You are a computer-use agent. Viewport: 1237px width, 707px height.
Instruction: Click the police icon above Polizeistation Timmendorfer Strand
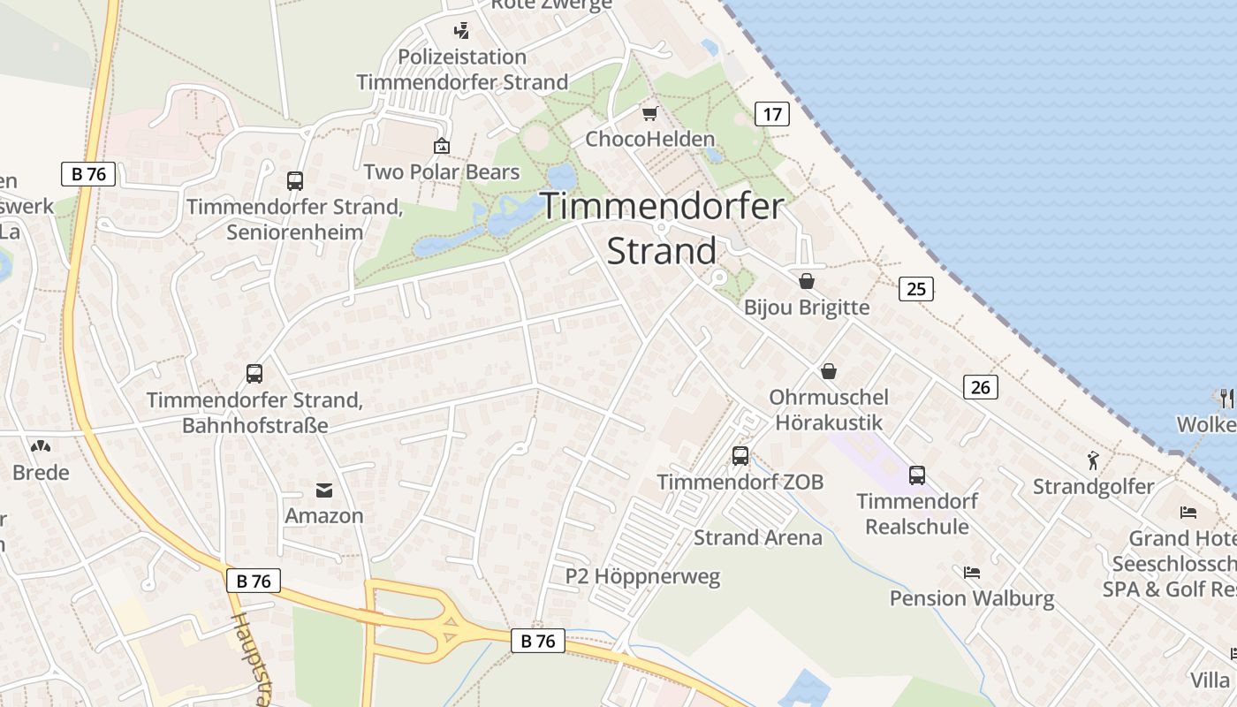point(460,31)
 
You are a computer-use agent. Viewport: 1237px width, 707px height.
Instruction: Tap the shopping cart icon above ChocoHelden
point(650,113)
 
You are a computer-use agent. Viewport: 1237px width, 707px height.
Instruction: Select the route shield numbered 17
point(771,113)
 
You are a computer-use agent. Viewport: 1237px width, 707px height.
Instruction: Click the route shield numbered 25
point(916,288)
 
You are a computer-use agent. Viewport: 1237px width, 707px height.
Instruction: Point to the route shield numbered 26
point(980,386)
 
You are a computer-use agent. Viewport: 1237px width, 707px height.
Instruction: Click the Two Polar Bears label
point(442,171)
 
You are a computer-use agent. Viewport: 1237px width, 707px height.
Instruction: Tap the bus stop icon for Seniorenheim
point(295,181)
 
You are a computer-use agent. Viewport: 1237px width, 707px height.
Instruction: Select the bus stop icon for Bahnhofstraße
point(254,374)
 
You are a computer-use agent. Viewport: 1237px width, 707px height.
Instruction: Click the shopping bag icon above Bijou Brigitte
point(807,281)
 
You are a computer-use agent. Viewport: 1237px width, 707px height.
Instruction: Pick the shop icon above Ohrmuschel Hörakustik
point(829,371)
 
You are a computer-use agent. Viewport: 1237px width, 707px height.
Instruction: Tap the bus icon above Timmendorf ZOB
point(740,456)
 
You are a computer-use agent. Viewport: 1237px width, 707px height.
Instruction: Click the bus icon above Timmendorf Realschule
point(917,475)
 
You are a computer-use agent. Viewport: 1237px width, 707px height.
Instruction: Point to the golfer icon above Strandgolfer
point(1094,460)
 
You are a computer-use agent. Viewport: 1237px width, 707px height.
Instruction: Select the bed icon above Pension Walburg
point(972,573)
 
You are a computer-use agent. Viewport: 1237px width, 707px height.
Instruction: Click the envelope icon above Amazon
point(324,490)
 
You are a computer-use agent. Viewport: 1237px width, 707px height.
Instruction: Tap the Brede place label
point(41,472)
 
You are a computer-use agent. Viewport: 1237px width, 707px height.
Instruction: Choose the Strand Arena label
point(757,537)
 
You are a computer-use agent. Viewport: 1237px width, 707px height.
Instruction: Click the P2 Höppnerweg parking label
point(642,577)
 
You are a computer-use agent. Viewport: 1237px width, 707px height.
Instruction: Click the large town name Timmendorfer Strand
point(662,229)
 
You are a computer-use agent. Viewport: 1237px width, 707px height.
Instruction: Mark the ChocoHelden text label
point(650,139)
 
